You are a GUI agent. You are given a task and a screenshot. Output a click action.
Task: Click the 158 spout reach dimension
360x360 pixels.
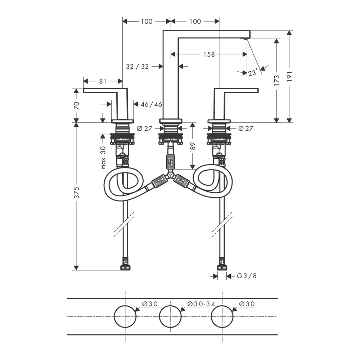[x=209, y=54]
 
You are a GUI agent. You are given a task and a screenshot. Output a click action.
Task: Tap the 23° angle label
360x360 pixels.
[x=253, y=73]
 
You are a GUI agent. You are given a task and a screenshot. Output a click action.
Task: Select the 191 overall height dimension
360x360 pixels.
[x=289, y=76]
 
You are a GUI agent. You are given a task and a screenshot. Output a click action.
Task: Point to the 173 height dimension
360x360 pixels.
[x=276, y=80]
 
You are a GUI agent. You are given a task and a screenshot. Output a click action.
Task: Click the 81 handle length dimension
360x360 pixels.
[x=103, y=81]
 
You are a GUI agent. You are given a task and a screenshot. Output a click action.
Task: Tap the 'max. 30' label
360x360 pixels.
[x=103, y=158]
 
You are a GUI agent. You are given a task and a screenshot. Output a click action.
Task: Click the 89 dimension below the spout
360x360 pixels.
[x=193, y=146]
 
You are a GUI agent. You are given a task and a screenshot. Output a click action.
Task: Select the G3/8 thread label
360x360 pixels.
[x=247, y=276]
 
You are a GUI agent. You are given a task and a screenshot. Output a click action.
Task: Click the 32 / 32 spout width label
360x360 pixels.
[x=137, y=67]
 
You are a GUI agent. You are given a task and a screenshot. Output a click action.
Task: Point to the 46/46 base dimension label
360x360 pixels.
[x=151, y=104]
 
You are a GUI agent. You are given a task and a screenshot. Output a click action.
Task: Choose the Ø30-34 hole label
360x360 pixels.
[x=201, y=304]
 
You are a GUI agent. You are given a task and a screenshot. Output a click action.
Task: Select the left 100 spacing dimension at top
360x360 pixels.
[x=147, y=21]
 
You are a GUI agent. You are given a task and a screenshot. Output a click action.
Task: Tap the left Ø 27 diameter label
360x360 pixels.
[x=144, y=129]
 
